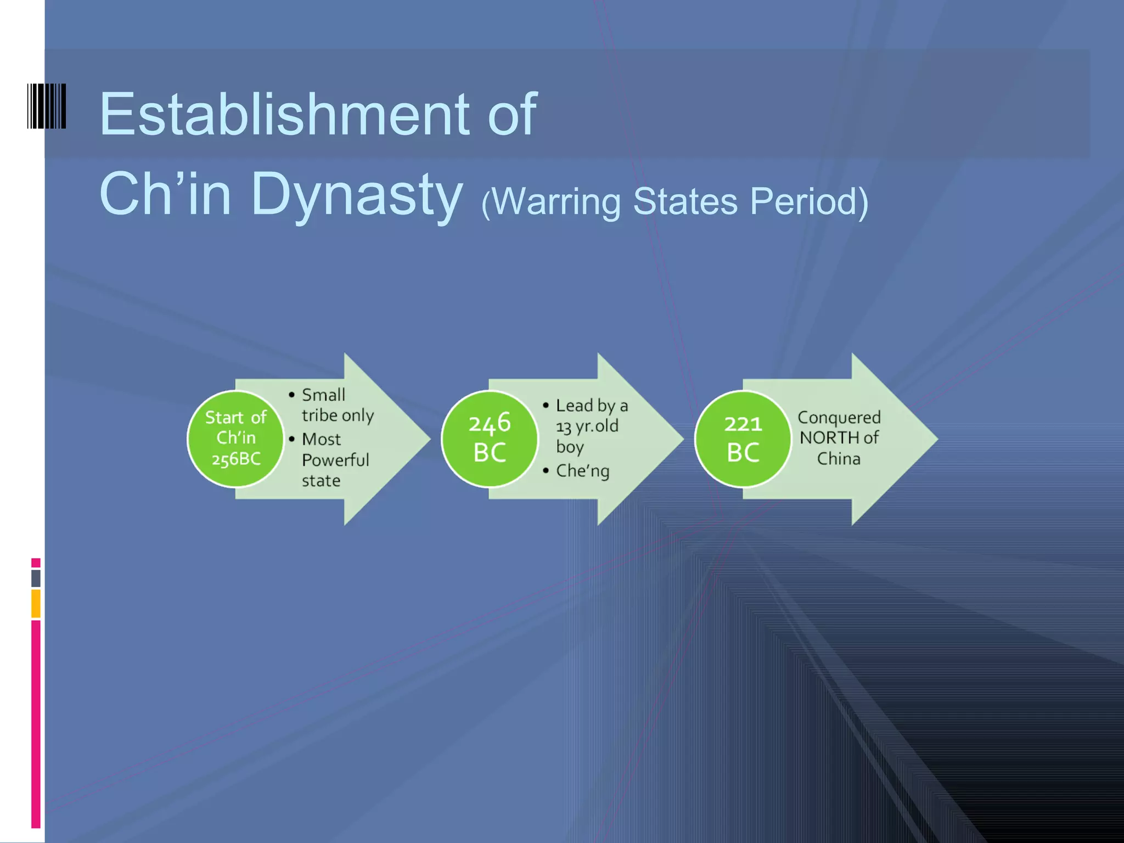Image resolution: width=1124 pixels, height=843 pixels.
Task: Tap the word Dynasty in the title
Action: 357,195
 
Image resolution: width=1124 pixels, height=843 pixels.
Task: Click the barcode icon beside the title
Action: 47,106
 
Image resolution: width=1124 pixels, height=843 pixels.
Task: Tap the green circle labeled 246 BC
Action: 490,439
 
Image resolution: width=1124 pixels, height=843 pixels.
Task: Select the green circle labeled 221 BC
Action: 743,439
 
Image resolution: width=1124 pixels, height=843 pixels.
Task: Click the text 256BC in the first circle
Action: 236,459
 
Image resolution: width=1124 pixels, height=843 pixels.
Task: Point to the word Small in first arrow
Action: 323,395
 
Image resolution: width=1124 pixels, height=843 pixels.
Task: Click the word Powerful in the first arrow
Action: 335,460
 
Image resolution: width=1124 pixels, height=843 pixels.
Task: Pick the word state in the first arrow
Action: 321,481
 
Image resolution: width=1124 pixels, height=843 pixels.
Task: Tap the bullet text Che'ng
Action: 582,471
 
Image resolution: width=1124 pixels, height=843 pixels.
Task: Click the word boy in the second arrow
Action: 570,447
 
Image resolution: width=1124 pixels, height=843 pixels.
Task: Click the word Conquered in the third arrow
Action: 839,417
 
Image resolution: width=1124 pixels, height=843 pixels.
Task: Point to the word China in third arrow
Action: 839,459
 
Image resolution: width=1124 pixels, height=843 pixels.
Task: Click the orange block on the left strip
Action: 36,603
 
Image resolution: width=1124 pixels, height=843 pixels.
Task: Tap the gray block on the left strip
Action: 36,578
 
